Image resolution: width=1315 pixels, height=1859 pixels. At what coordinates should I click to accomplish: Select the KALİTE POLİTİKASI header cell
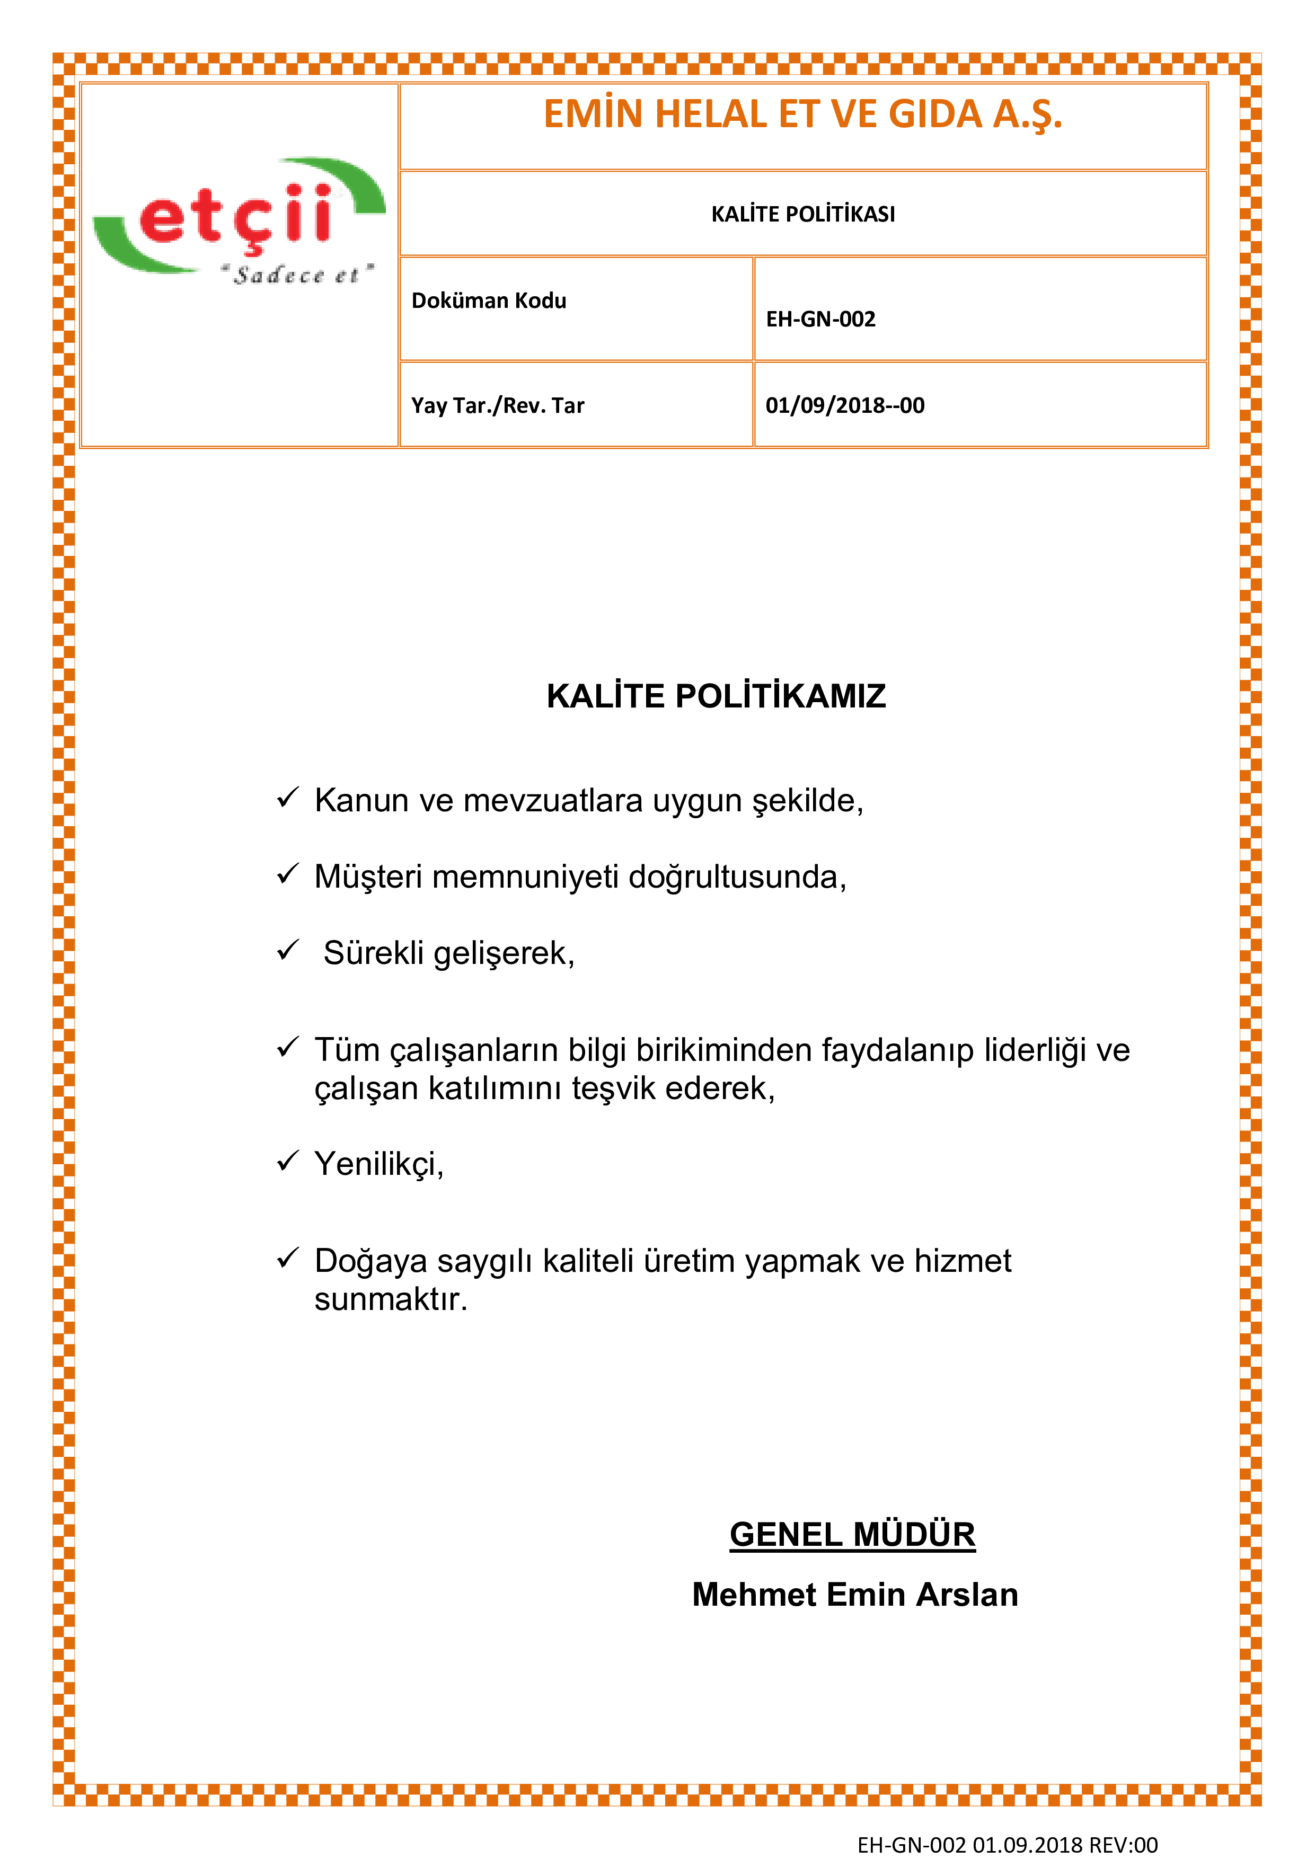802,214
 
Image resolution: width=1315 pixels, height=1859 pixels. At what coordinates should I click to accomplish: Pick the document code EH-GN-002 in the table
820,319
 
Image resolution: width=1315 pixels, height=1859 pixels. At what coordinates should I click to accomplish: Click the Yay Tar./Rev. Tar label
497,405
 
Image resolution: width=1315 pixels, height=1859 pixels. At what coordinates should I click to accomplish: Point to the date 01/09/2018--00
844,405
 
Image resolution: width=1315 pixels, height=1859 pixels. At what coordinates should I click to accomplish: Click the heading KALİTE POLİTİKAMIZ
716,695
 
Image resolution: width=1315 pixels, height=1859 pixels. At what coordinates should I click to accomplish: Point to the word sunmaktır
390,1299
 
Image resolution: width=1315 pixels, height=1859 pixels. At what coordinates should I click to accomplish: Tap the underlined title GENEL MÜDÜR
852,1534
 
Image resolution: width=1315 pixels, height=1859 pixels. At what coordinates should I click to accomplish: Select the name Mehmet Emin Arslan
854,1594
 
